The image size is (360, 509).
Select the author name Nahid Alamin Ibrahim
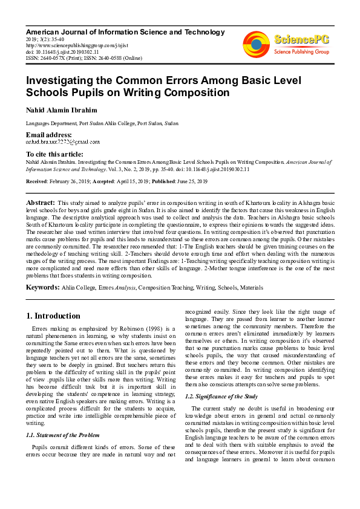(x=61, y=111)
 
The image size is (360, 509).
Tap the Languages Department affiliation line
(x=102, y=123)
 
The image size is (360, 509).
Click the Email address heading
(x=48, y=134)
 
